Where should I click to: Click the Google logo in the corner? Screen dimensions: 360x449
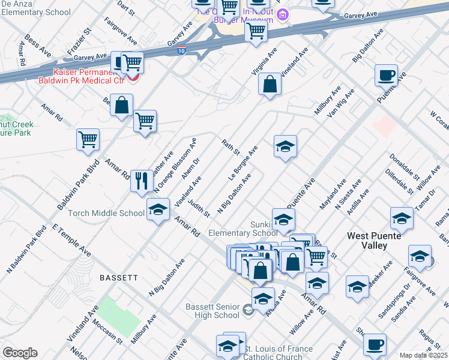tap(20, 353)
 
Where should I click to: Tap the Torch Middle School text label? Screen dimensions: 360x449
tap(106, 213)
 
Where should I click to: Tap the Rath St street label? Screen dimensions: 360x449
tap(231, 147)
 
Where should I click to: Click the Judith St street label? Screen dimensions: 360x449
tap(198, 208)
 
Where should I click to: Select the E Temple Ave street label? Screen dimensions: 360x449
tap(71, 241)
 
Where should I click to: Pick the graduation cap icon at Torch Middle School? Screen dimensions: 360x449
tap(158, 209)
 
